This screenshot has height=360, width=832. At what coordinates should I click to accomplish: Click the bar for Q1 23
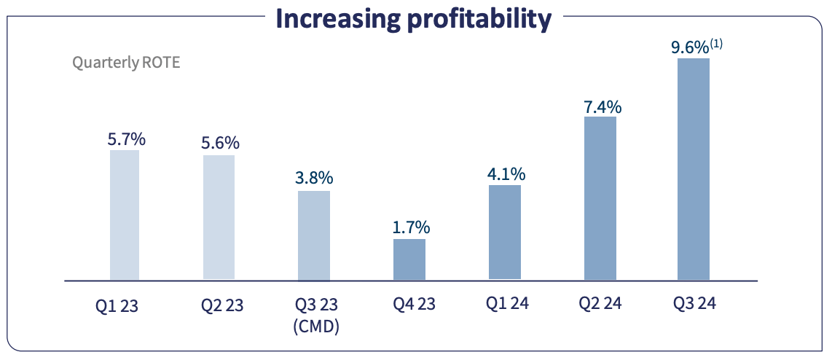(x=125, y=215)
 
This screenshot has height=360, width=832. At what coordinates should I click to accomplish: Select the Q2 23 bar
(x=219, y=217)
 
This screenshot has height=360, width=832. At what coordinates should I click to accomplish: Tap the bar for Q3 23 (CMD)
(x=314, y=235)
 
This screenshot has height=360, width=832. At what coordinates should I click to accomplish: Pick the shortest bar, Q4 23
(x=409, y=259)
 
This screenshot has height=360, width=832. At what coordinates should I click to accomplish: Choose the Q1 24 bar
(x=505, y=232)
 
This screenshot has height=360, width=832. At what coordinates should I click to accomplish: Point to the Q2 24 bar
(x=600, y=197)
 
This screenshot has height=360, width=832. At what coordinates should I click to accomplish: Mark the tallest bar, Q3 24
(x=694, y=169)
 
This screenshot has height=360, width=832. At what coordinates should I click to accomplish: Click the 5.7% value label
(x=127, y=138)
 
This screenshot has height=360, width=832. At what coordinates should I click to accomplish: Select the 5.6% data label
(x=220, y=143)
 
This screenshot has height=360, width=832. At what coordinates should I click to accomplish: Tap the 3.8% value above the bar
(x=315, y=178)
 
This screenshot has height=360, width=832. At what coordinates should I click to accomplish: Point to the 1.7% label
(x=410, y=227)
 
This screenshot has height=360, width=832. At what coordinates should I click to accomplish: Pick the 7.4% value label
(x=602, y=106)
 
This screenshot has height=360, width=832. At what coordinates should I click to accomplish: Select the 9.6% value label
(x=689, y=48)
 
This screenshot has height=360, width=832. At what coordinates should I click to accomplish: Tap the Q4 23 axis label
(x=411, y=304)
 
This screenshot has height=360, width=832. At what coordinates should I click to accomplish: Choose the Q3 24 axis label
(x=693, y=303)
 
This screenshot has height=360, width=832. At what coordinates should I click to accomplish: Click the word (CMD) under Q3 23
(x=316, y=327)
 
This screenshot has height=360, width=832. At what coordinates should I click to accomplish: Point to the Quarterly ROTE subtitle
(x=126, y=62)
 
